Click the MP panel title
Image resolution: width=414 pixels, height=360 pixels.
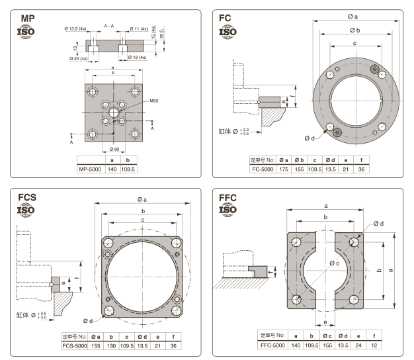28,18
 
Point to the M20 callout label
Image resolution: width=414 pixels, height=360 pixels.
154,101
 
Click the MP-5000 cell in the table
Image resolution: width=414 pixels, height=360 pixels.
91,169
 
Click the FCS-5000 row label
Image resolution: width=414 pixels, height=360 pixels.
75,345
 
